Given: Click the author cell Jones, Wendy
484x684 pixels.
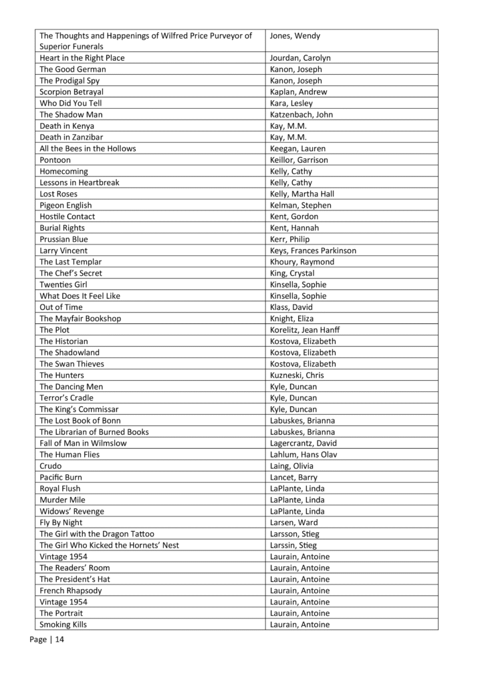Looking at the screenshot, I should (295, 35).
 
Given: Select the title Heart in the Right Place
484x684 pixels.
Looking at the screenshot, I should (82, 58).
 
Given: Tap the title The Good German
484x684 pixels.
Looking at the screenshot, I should (73, 69).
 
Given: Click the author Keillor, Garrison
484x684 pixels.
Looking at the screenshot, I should (299, 160).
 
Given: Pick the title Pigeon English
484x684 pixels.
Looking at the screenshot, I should (66, 206).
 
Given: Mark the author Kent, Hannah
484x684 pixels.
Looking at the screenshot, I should (294, 228).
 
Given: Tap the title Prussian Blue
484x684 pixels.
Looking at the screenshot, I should (64, 239).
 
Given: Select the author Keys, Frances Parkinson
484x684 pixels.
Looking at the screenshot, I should (313, 250).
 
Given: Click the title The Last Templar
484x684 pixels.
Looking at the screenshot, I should (71, 262).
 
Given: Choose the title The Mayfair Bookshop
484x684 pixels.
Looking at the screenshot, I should (80, 319).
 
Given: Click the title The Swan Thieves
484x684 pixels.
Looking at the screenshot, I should (72, 364).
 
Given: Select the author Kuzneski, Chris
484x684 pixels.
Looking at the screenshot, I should (297, 375).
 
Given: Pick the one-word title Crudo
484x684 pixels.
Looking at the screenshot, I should (51, 466).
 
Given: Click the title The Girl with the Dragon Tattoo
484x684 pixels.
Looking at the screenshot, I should (97, 534).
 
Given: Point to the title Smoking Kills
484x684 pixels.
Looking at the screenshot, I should (63, 625).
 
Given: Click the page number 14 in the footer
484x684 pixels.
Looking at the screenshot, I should (59, 640).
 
